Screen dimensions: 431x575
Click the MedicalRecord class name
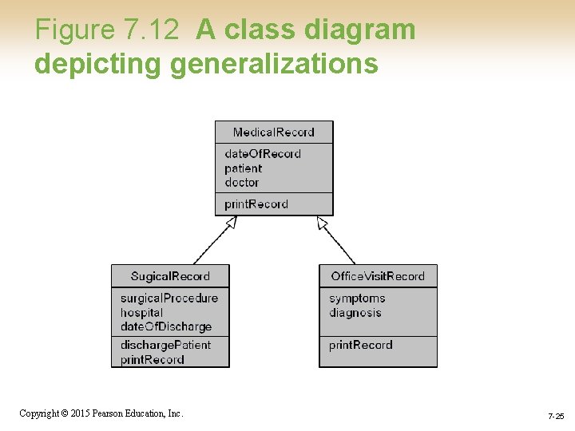274,132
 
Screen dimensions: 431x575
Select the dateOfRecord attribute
263,153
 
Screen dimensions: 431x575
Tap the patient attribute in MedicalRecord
243,168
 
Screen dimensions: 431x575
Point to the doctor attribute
242,183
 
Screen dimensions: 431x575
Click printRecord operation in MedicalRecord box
256,204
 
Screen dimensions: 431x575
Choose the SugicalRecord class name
170,276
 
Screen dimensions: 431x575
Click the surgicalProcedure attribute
169,298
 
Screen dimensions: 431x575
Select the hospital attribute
141,313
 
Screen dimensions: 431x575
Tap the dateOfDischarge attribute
166,326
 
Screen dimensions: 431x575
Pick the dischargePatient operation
165,345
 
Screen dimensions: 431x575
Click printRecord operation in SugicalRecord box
153,360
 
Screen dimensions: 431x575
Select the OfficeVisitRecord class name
378,276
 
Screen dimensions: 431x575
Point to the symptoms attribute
357,298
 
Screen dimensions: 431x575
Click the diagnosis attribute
355,313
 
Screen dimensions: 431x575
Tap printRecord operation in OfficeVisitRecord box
361,345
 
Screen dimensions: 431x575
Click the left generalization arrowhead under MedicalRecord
231,223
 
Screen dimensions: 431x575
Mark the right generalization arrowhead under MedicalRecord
323,223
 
